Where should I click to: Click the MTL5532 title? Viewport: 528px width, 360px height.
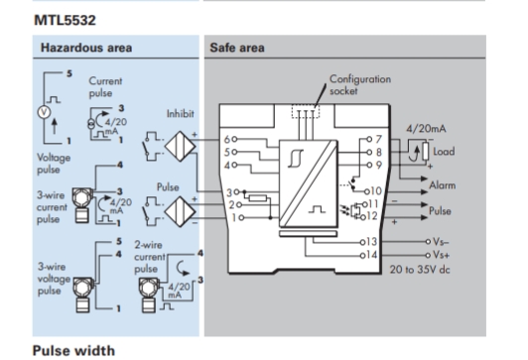[65, 20]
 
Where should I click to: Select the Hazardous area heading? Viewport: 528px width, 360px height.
[86, 48]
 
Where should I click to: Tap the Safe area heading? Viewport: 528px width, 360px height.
[237, 48]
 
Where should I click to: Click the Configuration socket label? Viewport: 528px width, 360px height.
[360, 84]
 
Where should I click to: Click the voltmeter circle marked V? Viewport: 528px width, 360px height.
[44, 112]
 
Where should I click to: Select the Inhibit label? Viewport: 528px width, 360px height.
[181, 114]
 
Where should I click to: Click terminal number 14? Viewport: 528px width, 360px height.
[371, 255]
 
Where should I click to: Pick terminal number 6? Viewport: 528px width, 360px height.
[227, 139]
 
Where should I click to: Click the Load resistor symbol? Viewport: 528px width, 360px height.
[426, 152]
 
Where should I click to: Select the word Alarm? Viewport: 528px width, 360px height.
[442, 185]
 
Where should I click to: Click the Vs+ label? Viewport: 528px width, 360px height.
[441, 255]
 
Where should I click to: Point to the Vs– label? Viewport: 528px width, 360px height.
[441, 242]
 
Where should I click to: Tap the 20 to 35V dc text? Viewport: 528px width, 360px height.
[420, 270]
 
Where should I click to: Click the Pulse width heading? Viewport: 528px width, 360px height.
[73, 351]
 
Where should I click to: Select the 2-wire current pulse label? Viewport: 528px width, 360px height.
[149, 257]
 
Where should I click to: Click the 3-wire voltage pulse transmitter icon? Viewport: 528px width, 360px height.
[82, 295]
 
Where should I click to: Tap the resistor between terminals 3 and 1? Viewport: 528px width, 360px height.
[258, 197]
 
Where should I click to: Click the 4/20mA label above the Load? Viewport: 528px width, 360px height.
[426, 129]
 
